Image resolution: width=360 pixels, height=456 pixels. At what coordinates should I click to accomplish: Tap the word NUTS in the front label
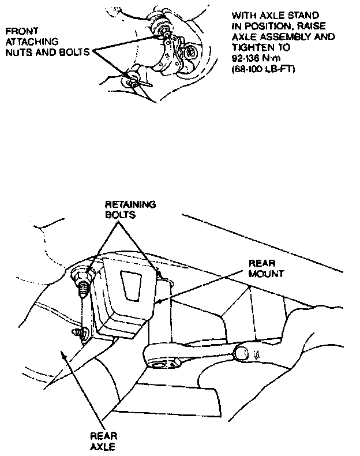[17, 52]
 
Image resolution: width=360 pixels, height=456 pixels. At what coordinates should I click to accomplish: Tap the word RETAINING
[130, 205]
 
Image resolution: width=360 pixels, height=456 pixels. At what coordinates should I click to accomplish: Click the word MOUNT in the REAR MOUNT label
[265, 272]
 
